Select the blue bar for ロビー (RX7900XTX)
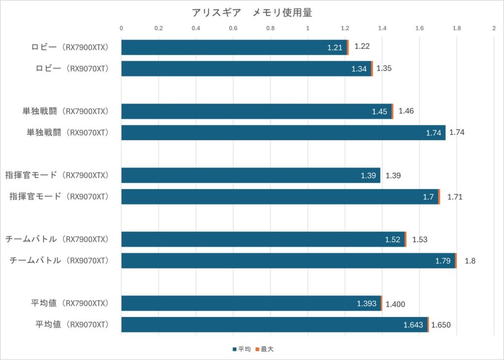234,47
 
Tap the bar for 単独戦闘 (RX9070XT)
283,132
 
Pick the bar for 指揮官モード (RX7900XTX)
251,175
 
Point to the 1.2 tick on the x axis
345,29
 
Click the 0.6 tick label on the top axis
233,29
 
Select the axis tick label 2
494,29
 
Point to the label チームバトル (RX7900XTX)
57,239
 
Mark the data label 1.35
384,68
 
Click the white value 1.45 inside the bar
379,111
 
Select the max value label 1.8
470,261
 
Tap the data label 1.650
441,325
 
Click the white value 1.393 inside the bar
367,303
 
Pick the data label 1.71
455,197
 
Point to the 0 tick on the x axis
122,29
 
